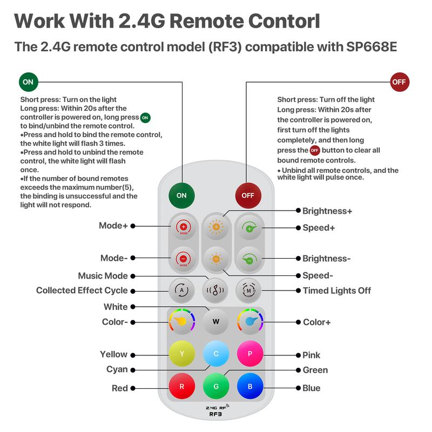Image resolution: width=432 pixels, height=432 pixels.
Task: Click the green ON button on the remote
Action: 181,195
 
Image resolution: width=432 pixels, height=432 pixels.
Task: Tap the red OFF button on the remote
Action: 248,195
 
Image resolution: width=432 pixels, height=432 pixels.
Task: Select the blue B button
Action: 250,387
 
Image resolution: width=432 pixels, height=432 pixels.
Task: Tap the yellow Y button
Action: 182,354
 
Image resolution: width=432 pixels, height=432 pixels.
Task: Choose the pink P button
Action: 250,354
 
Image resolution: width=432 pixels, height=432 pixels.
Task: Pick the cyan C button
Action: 216,354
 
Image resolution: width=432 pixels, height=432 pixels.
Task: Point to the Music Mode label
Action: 103,276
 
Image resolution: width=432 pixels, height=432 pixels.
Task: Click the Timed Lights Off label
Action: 337,291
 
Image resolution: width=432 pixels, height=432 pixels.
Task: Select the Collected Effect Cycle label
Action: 82,291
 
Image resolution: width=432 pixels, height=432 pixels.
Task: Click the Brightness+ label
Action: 327,211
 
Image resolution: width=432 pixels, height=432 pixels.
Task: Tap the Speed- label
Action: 318,275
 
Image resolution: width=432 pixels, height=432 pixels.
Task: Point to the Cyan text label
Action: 117,369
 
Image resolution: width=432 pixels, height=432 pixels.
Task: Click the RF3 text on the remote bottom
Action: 216,414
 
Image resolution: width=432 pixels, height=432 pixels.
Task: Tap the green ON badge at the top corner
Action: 28,82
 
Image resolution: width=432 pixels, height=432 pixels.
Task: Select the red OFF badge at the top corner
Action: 400,82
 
